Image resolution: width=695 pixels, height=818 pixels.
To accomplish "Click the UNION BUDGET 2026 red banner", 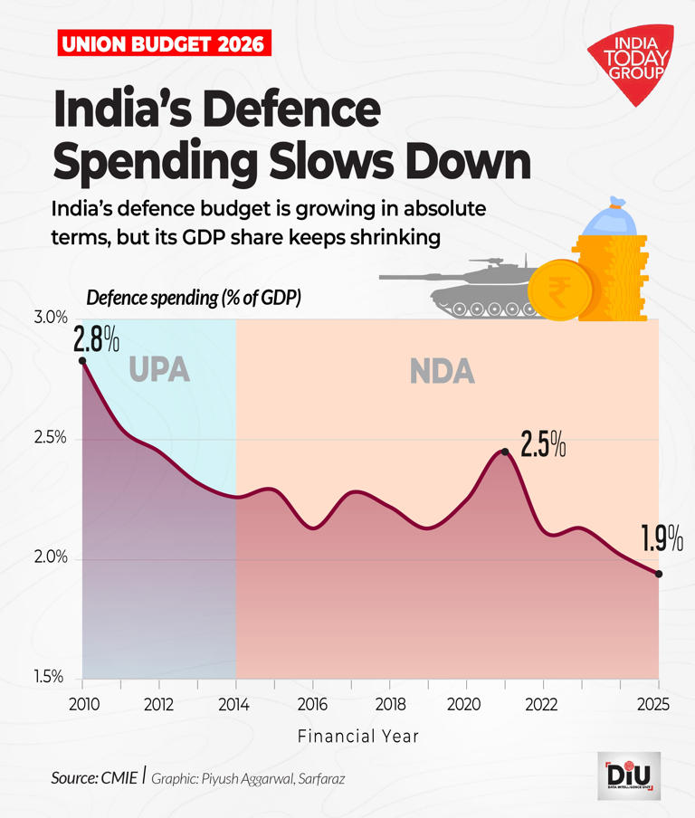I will pyautogui.click(x=164, y=43).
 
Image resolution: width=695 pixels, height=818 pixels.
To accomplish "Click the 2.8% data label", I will pyautogui.click(x=97, y=339).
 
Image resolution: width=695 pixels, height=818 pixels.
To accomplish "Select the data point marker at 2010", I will pyautogui.click(x=82, y=361).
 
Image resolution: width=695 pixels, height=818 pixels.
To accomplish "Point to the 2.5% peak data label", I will pyautogui.click(x=543, y=445).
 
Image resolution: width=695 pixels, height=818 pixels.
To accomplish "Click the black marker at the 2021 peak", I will pyautogui.click(x=505, y=452).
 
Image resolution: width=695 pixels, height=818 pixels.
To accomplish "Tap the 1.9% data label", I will pyautogui.click(x=662, y=540).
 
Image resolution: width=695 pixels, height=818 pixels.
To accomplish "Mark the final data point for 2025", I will pyautogui.click(x=659, y=574).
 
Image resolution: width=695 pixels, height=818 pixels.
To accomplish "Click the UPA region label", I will pyautogui.click(x=159, y=370).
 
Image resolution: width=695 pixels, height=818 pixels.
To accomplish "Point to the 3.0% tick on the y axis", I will pyautogui.click(x=52, y=319).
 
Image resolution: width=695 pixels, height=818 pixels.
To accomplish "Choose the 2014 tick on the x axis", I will pyautogui.click(x=236, y=704).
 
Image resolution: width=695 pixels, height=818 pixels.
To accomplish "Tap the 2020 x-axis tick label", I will pyautogui.click(x=464, y=704).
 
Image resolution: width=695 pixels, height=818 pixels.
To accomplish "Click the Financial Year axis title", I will pyautogui.click(x=358, y=736).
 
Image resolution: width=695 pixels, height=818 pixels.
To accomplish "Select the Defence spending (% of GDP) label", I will pyautogui.click(x=194, y=298).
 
